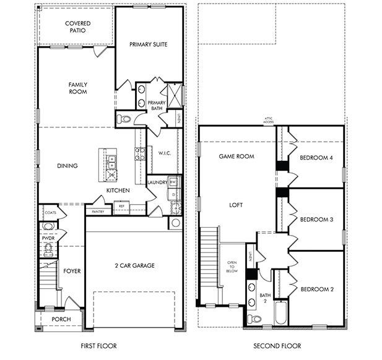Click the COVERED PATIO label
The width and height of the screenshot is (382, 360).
77,27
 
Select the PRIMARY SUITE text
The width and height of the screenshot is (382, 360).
150,45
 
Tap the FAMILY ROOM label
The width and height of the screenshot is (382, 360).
77,88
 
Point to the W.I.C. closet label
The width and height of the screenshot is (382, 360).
164,153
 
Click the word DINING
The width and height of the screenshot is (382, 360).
67,166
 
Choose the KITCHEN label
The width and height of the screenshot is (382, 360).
118,191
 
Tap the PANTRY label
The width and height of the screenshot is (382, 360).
98,212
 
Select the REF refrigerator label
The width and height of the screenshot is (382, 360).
122,206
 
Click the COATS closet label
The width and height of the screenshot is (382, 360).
51,212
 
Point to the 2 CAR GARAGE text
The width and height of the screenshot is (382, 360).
134,265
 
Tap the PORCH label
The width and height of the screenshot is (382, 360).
61,319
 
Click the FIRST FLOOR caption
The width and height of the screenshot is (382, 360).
98,346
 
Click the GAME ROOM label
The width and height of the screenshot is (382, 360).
237,156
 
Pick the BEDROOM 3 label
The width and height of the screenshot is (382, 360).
316,219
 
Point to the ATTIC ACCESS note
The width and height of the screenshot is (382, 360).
268,121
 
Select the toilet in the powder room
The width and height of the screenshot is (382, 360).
48,249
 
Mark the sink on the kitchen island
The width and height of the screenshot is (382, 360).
111,163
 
